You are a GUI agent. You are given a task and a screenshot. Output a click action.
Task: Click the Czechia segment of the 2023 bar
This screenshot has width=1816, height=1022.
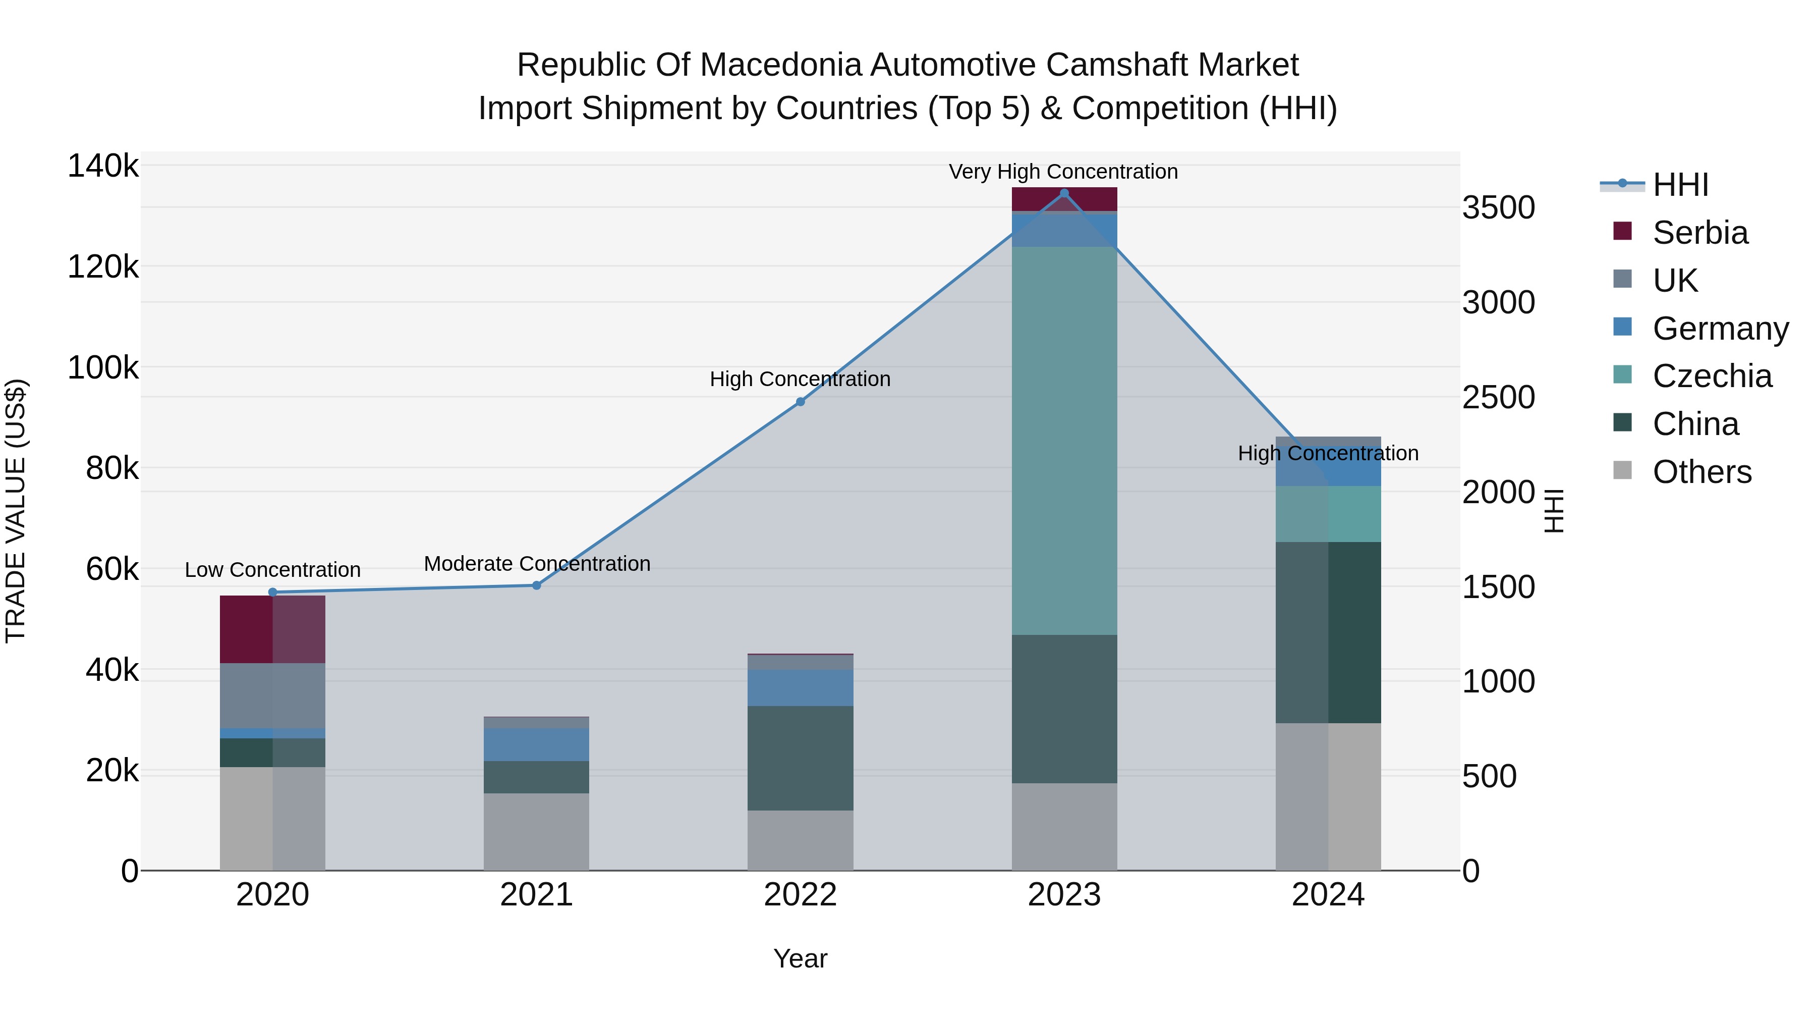[x=1064, y=441]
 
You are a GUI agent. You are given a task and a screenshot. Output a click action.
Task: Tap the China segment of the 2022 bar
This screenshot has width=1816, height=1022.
[x=800, y=758]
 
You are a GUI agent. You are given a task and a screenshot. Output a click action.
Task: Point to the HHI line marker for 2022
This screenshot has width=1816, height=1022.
[x=800, y=402]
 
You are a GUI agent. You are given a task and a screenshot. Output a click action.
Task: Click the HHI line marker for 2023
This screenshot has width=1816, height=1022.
[x=1064, y=193]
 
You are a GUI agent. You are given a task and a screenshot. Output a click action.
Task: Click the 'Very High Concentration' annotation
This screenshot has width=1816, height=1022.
[x=1063, y=172]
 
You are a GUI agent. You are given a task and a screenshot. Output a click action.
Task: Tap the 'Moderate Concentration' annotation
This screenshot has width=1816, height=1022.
[x=537, y=564]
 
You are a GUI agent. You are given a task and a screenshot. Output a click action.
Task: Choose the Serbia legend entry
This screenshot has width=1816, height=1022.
[x=1699, y=233]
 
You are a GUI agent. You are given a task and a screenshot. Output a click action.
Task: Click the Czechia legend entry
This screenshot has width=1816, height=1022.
[x=1712, y=376]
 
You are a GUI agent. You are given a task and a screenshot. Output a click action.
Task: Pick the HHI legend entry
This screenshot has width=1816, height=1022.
[x=1680, y=185]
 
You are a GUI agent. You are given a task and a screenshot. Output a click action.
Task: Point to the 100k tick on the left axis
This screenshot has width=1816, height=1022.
[x=103, y=367]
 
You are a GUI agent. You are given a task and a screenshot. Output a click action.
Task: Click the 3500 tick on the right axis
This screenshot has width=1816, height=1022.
[x=1498, y=208]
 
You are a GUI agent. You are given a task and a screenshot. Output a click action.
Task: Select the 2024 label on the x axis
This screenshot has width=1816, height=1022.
[x=1328, y=895]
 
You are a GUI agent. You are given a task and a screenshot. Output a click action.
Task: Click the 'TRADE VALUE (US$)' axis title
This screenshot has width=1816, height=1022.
[x=16, y=511]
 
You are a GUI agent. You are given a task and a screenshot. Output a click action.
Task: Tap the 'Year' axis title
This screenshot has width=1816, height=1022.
[x=800, y=958]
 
